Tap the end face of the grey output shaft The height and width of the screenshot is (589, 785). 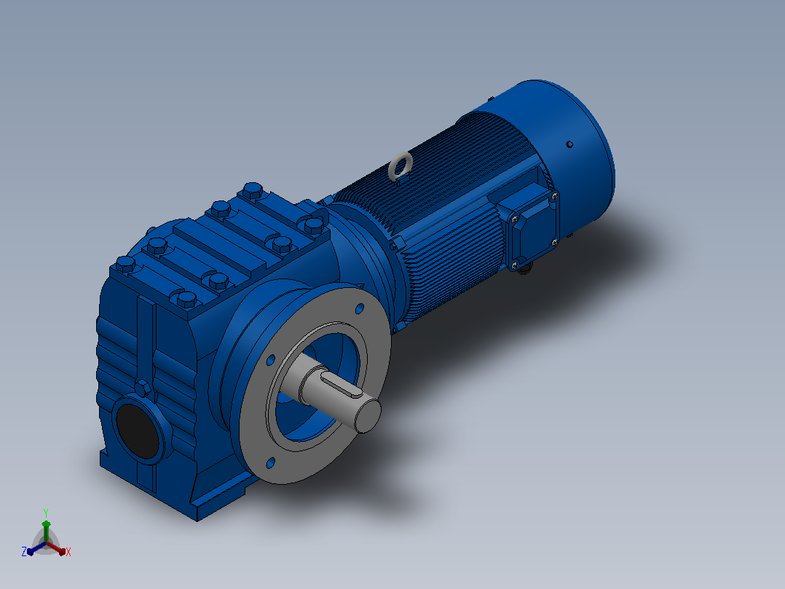pos(368,416)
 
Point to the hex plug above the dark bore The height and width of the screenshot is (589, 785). pos(143,388)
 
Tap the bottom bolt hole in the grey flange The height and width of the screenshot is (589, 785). pos(270,463)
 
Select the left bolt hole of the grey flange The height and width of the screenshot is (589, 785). pos(271,360)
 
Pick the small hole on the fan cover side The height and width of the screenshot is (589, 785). pos(569,144)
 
